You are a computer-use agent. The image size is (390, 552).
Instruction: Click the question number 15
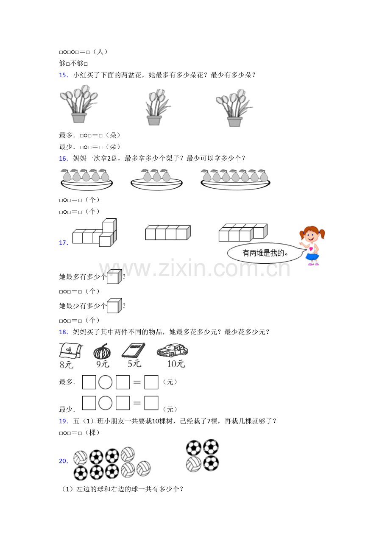pos(63,75)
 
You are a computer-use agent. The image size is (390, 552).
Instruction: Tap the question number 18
pos(63,332)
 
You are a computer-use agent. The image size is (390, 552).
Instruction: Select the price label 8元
pos(67,365)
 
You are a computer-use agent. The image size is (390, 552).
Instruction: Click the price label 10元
pos(176,364)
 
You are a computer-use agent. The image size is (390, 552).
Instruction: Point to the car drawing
pos(172,350)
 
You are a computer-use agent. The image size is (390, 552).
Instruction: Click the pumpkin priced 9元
pos(102,351)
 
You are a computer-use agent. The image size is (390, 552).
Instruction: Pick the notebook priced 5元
pos(133,350)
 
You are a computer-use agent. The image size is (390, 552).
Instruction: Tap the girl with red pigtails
pos(312,245)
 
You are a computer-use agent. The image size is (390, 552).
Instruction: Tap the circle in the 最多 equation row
pos(105,382)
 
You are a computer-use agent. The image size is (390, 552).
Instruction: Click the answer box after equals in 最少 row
pos(151,403)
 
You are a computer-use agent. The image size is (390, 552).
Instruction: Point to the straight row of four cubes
pos(168,232)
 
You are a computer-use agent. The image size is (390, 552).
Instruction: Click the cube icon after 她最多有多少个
pos(114,277)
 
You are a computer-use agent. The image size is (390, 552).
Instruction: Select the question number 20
pos(63,461)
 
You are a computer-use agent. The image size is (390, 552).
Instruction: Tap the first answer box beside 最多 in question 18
pos(89,382)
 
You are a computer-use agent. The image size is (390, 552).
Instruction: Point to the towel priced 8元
pos(71,351)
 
